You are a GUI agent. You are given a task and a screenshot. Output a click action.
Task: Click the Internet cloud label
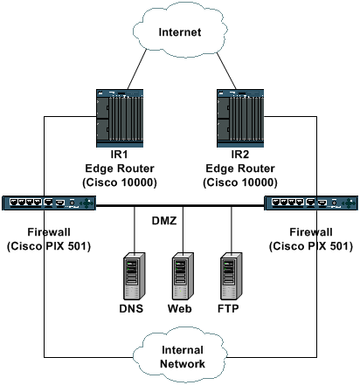[180, 32]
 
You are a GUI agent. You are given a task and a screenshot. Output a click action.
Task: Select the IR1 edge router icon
[120, 118]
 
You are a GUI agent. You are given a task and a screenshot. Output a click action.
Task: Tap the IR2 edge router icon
[240, 118]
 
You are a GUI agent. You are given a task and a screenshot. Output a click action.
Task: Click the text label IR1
[119, 155]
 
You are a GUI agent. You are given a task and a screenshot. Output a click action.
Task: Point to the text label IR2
[240, 155]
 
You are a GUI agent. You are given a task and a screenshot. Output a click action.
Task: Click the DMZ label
[164, 221]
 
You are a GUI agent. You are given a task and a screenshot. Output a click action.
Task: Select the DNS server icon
[135, 276]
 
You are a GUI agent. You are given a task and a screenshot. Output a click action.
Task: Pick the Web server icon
[183, 276]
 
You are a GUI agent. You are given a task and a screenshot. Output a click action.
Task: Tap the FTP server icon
[232, 276]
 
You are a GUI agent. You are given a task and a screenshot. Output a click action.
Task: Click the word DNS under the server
[131, 308]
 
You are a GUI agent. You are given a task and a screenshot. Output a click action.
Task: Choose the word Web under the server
[179, 308]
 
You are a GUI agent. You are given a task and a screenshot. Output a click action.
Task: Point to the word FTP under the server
[228, 308]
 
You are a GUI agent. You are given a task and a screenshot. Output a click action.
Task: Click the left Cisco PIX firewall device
[49, 203]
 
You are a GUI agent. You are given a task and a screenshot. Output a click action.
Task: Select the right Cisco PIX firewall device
[311, 203]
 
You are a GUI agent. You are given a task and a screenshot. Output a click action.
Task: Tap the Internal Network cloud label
[183, 357]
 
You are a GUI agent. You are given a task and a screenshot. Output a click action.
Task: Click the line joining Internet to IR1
[137, 69]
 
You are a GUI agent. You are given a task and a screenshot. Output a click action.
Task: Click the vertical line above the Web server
[183, 230]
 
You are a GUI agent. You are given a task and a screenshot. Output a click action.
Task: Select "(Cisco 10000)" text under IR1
[120, 182]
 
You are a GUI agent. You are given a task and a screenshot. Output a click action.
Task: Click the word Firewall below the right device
[311, 232]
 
